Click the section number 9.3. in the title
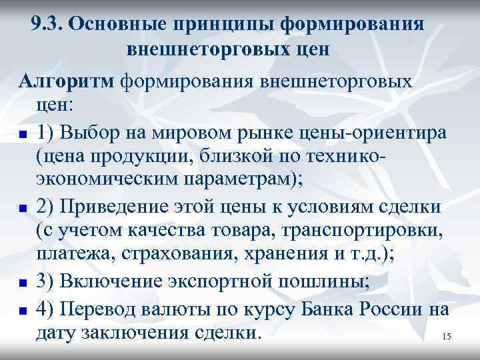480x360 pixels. [x=47, y=25]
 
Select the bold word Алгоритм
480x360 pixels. [x=65, y=81]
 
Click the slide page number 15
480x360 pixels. [x=446, y=337]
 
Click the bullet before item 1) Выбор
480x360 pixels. [x=23, y=134]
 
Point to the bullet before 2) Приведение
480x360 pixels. [x=23, y=209]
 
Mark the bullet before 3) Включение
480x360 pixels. [x=23, y=283]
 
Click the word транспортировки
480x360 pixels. [x=390, y=231]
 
